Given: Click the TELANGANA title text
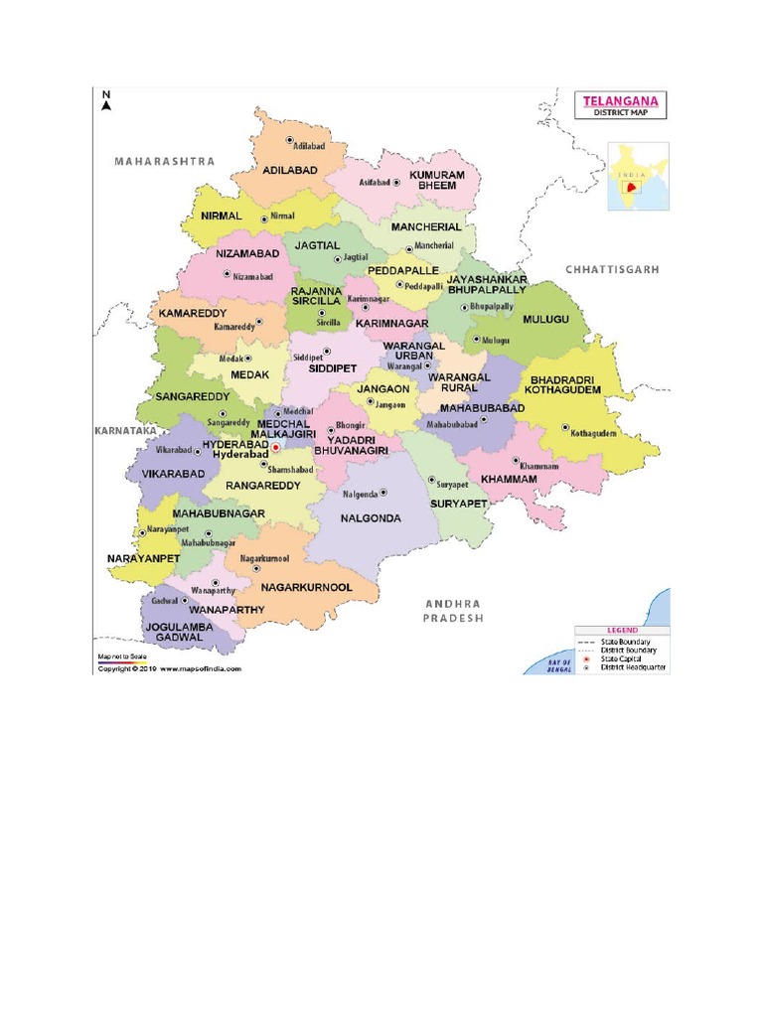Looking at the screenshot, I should coord(623,100).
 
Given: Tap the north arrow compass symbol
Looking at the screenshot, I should coord(106,100).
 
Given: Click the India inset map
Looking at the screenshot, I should coord(639,177).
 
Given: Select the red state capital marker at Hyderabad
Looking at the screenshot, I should coord(276,447).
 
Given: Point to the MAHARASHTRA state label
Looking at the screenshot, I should coord(165,160).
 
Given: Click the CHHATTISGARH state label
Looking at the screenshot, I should coord(612,269).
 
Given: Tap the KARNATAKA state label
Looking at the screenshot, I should coord(125,431).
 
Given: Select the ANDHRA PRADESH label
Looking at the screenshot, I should coord(452,610).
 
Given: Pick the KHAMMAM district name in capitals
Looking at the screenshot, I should coord(509,479).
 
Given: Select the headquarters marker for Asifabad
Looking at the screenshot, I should coord(394,183).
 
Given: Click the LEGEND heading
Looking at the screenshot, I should coord(621,631).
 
